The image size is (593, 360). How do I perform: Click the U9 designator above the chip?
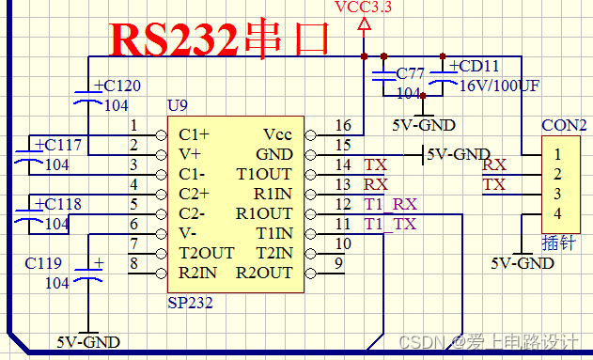177,103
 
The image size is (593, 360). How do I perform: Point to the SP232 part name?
190,303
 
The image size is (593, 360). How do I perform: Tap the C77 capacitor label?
411,73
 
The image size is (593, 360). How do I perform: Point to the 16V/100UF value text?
499,86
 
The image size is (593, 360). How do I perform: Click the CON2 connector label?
564,125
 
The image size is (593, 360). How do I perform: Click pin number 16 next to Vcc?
343,126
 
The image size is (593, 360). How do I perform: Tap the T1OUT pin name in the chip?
264,174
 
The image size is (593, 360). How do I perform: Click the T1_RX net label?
390,204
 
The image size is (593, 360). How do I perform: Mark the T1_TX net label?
390,224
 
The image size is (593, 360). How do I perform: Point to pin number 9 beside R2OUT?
337,264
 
